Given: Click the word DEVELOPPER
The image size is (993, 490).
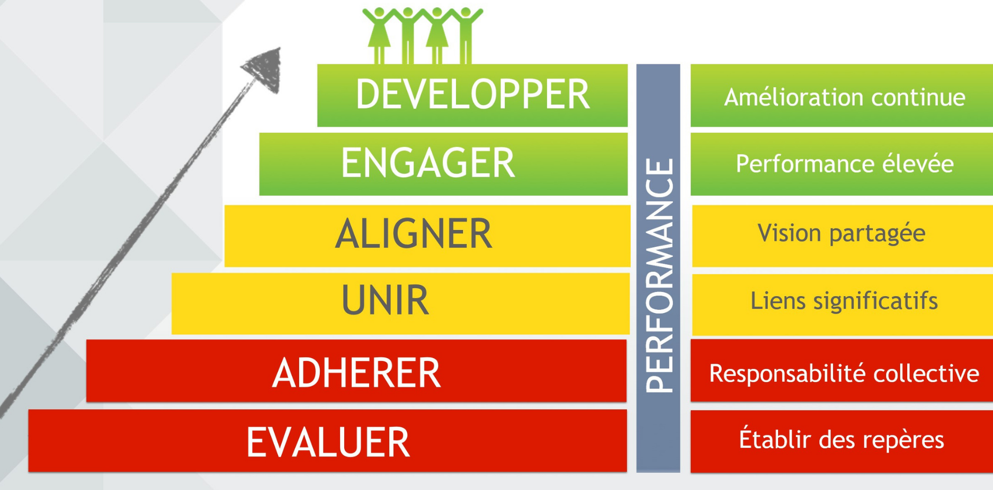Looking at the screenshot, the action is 472,95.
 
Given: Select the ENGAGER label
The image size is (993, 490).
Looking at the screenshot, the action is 428,163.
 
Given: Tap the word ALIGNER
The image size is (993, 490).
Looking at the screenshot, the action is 414,234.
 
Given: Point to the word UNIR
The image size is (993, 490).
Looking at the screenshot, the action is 385,300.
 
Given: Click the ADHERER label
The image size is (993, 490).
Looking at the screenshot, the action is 356,373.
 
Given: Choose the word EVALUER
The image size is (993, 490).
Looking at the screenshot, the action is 328,442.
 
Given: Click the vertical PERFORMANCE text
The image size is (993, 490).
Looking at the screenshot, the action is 659,275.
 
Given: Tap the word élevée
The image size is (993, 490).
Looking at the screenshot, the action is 918,163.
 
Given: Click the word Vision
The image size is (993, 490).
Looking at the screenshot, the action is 789,233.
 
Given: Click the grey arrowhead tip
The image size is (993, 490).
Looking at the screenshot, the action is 279,48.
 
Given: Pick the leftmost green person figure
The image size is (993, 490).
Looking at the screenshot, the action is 379,35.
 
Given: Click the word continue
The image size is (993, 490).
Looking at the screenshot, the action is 918,98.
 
